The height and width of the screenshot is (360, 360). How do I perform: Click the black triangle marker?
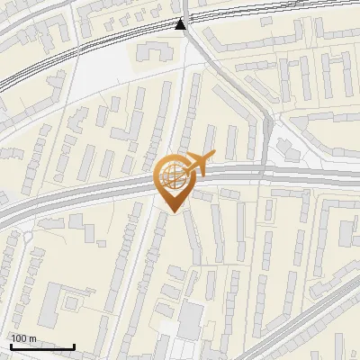coord(182,24)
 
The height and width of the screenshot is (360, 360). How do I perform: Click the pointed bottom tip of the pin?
coord(172,211)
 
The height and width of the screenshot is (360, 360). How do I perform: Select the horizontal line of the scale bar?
coord(42,347)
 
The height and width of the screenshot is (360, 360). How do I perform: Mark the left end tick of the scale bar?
coord(11,345)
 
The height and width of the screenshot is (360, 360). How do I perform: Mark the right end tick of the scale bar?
coord(74,345)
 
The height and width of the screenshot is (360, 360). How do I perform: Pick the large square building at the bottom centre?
coord(192,317)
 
